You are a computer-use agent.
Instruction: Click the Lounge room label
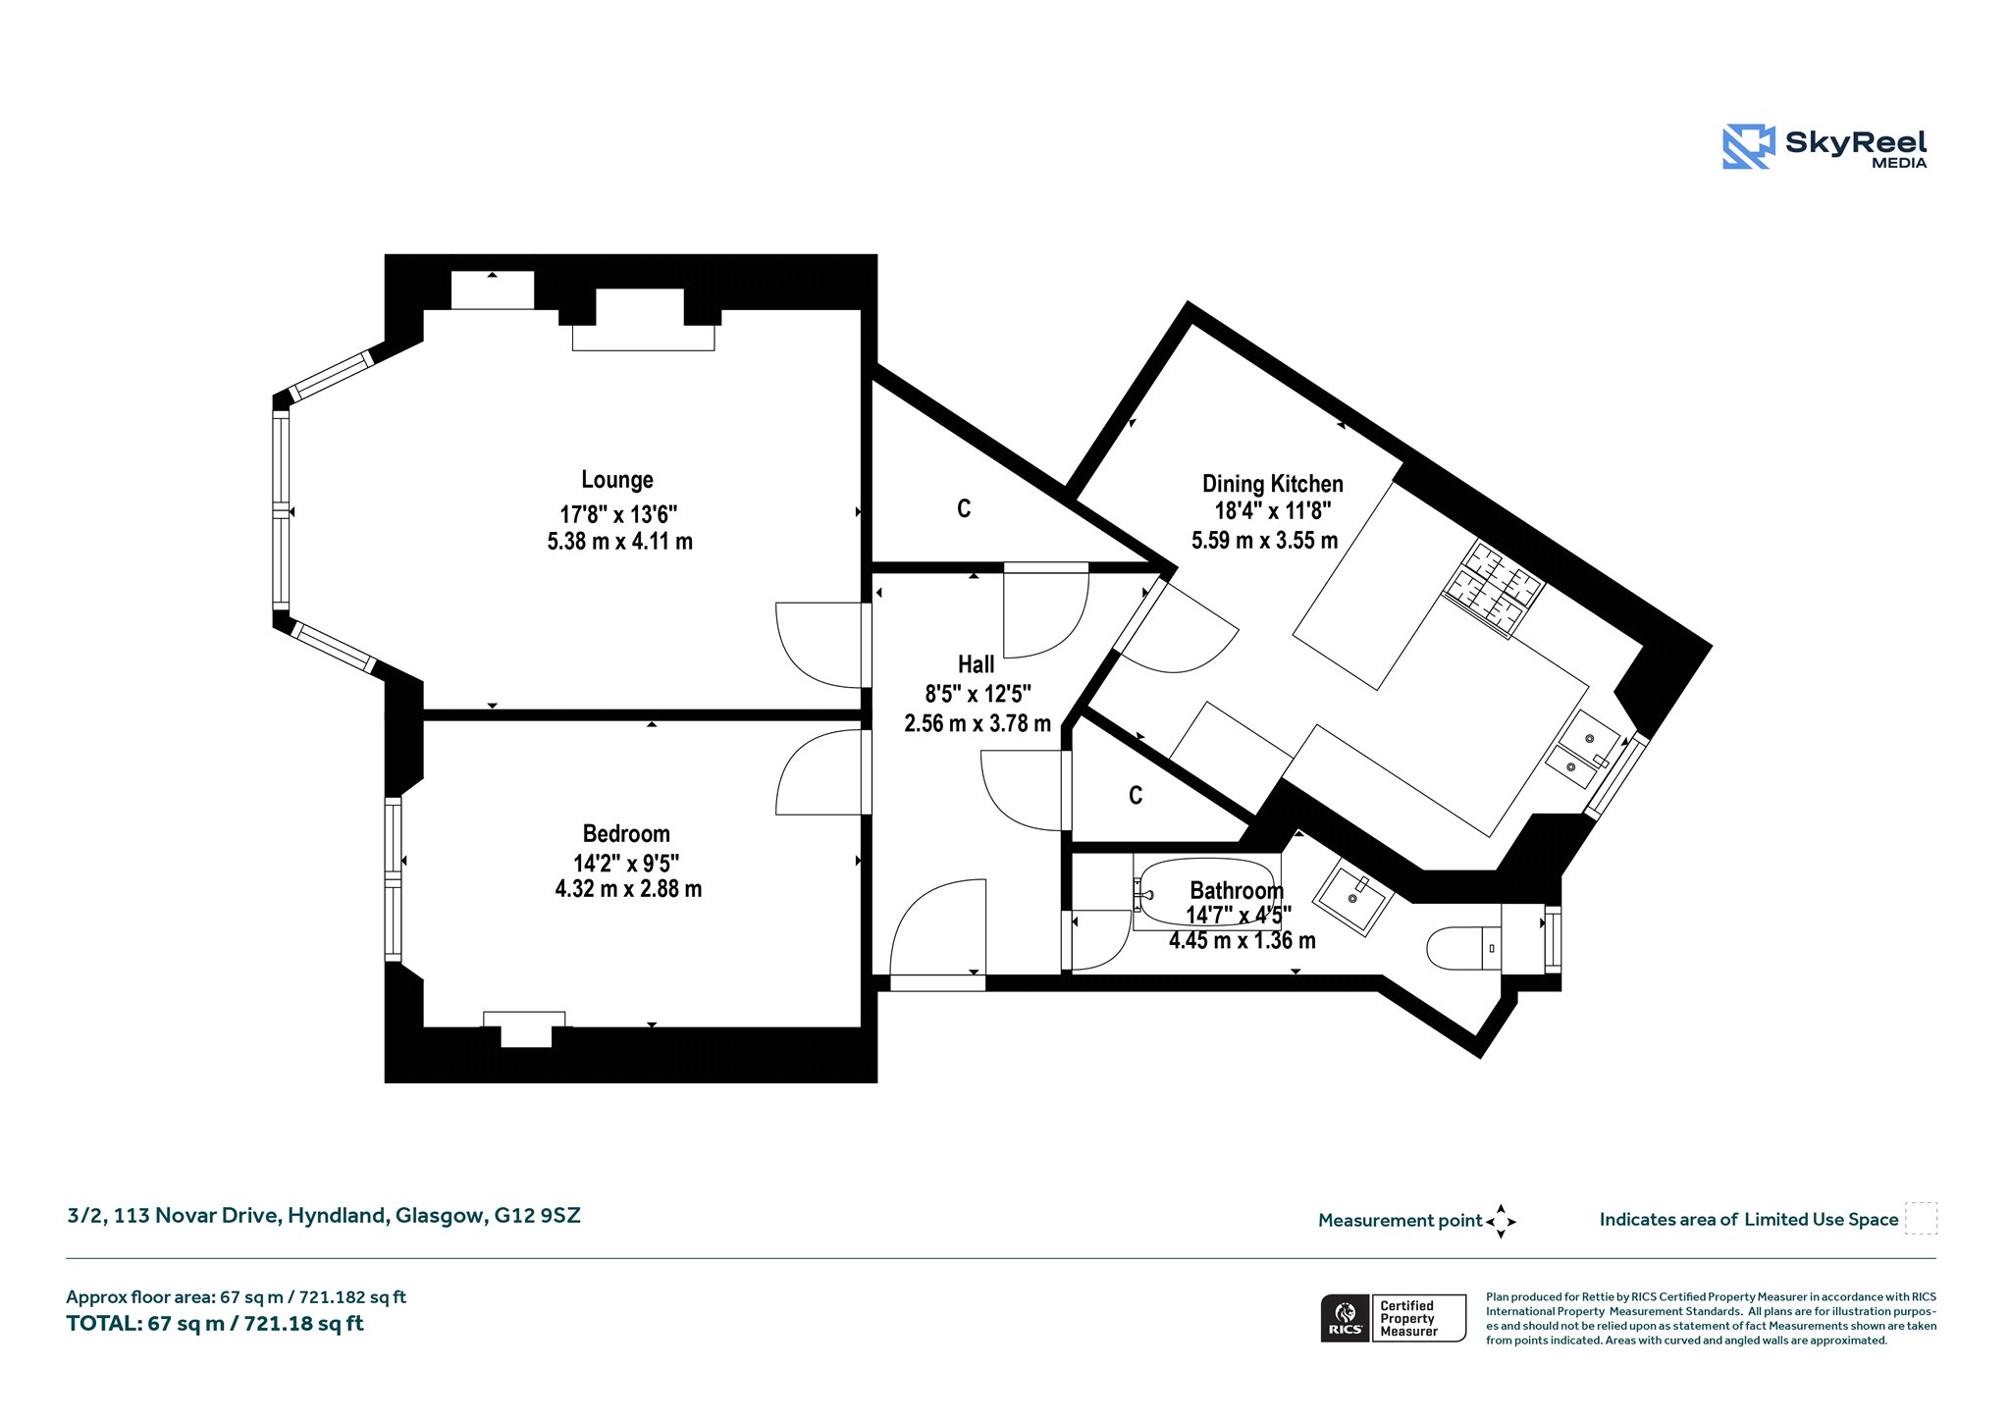pos(617,480)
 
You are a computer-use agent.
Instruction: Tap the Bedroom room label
pos(626,834)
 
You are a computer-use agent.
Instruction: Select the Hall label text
pos(977,664)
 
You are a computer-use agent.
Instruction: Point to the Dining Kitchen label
pos(1273,484)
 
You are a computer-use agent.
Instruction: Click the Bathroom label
pos(1237,891)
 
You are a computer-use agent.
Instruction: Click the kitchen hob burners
pos(1493,588)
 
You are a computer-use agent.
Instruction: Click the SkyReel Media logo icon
pos(1749,147)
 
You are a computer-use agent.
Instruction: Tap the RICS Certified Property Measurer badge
pos(1394,1318)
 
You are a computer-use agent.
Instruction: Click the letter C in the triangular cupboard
pos(964,508)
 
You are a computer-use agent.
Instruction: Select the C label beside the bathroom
pos(1136,795)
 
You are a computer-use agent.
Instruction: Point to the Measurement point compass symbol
pos(1501,1222)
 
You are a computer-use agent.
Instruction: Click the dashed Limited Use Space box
pos(1921,1219)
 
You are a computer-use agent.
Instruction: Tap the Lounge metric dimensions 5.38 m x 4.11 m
pos(620,541)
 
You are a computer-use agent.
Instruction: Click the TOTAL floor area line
pos(215,1324)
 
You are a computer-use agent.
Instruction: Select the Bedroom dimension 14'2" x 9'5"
pos(626,864)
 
